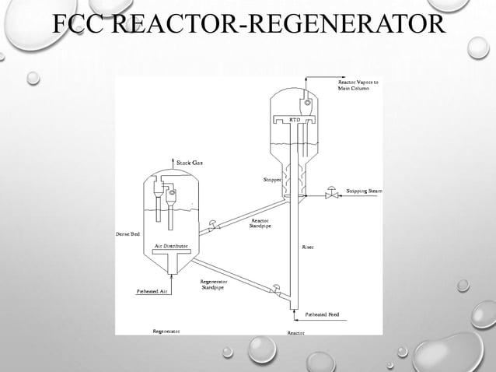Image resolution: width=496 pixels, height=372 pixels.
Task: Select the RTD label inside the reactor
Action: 295,120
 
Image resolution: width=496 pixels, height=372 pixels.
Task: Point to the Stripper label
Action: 272,180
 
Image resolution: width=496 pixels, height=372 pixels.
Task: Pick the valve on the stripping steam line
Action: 332,191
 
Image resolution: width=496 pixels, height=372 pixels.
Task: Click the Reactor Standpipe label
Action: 260,223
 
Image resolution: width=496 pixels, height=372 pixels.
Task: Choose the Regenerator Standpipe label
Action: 214,283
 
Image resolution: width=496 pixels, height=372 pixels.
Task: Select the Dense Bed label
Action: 127,234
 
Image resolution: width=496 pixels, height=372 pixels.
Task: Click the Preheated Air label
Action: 152,291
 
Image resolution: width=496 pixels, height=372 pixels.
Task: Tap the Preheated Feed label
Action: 321,314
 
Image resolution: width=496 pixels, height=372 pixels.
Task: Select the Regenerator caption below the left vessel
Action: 166,331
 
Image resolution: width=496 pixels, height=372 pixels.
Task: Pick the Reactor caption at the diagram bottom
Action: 296,332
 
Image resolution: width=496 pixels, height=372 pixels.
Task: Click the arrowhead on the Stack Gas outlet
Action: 170,158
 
